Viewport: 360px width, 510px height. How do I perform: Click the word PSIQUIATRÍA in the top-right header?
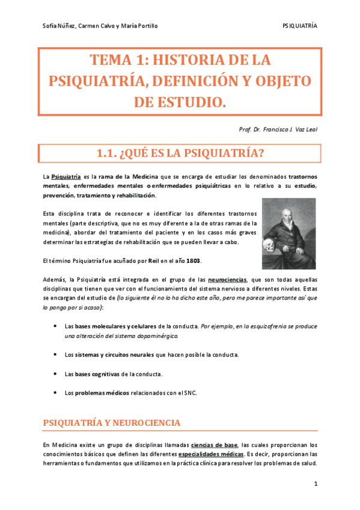click(299, 26)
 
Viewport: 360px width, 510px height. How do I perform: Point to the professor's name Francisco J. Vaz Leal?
click(288, 129)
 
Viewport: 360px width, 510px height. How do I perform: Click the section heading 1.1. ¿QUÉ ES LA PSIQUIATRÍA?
click(180, 154)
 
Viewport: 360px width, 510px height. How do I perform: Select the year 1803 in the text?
click(194, 261)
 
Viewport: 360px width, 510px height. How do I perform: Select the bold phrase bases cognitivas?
click(97, 374)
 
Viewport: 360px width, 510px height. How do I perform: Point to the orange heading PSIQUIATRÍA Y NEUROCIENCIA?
click(112, 423)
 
